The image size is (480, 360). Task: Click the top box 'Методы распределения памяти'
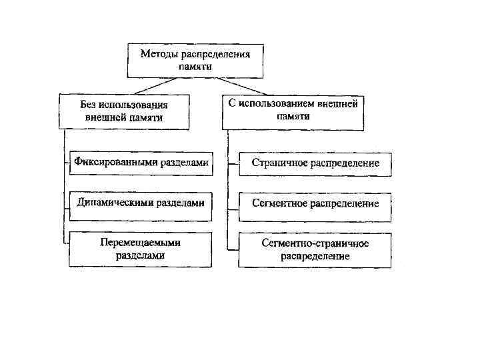coord(195,60)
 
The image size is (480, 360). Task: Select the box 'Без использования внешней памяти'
coord(125,111)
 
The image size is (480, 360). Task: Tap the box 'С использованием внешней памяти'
coord(293,110)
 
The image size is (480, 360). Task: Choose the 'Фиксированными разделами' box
coord(141,163)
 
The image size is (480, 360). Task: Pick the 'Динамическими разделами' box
coord(141,203)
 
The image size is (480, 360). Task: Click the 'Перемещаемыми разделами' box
coord(141,249)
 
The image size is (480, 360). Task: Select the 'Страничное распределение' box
coord(315,163)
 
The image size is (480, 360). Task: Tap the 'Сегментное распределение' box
coord(315,203)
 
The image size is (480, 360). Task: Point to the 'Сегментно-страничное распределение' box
coord(315,249)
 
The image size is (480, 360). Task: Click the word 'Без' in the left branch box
coord(87,105)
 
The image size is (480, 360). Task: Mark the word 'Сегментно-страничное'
coord(315,243)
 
